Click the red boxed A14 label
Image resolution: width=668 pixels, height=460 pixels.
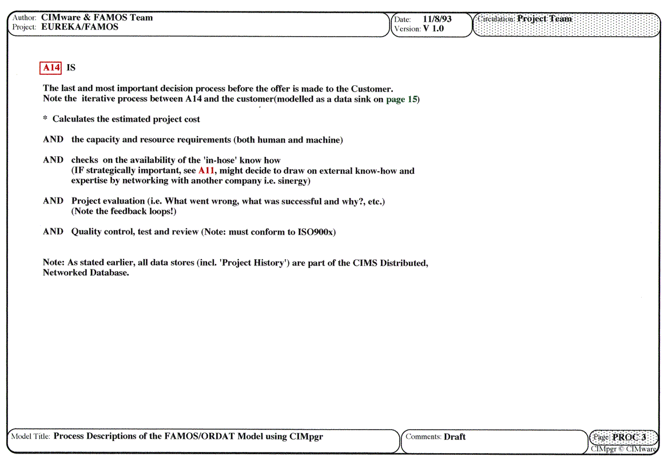50,68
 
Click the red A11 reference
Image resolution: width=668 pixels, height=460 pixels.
206,170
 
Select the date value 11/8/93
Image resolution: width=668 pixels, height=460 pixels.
437,19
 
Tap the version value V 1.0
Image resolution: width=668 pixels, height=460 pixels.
434,29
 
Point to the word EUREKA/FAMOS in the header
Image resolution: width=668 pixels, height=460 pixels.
80,27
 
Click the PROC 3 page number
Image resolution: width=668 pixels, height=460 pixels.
629,438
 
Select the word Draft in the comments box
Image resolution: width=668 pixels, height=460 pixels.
455,437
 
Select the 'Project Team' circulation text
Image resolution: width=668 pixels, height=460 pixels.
544,18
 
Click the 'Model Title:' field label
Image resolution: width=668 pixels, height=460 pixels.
31,437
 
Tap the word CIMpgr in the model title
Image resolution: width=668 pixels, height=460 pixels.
306,436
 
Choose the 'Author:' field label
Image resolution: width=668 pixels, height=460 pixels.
24,18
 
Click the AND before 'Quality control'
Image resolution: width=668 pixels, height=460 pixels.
53,232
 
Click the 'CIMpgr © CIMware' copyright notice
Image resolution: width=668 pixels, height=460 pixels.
623,449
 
